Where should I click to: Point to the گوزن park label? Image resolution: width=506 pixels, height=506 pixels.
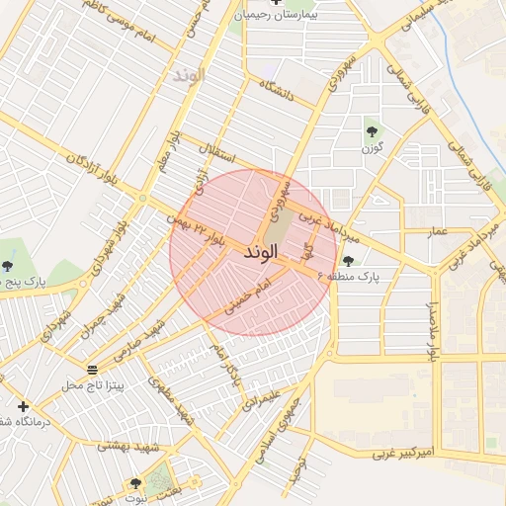pyautogui.click(x=372, y=148)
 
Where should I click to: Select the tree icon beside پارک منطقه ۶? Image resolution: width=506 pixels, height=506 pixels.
pyautogui.click(x=348, y=261)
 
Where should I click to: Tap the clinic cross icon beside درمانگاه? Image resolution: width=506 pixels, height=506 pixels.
pyautogui.click(x=23, y=406)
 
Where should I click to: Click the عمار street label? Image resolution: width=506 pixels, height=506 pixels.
pyautogui.click(x=438, y=231)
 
